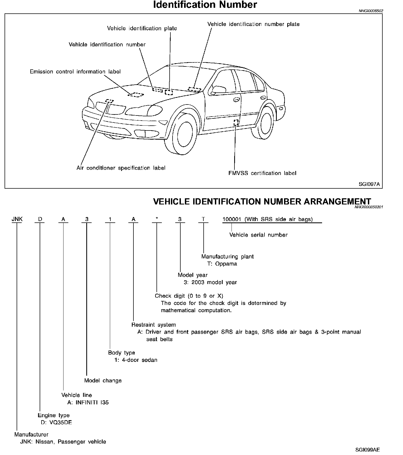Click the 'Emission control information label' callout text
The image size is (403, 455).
pos(75,72)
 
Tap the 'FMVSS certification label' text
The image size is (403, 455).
pos(262,173)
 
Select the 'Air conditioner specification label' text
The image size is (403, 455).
pos(121,168)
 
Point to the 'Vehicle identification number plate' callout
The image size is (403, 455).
pos(253,24)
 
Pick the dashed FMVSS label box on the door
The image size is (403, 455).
pos(236,122)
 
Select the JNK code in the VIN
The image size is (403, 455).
pos(17,219)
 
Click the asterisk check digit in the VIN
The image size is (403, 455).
pos(157,219)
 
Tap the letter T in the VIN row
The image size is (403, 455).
pos(203,219)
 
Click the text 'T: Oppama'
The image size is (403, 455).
pos(222,264)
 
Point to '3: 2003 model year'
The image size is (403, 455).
pos(210,282)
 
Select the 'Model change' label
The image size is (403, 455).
pos(103,381)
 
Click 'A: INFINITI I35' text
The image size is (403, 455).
pos(88,402)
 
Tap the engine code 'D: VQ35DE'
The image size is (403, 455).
pos(58,423)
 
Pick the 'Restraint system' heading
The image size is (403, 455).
pos(154,325)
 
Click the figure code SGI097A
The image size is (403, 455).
pos(369,184)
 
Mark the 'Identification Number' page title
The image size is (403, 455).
pos(205,5)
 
